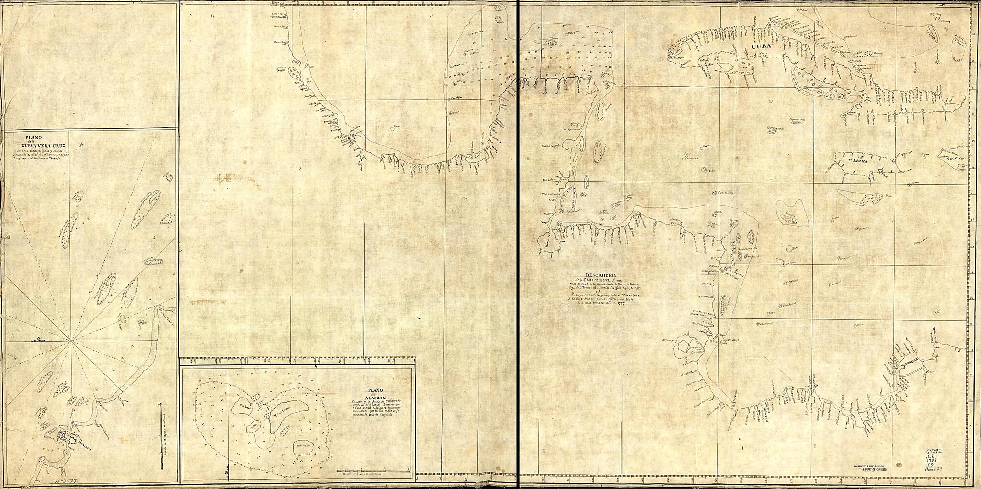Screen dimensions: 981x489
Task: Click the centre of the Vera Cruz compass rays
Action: tap(71, 341)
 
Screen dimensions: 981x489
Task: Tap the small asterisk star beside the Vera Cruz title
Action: tap(83, 144)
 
